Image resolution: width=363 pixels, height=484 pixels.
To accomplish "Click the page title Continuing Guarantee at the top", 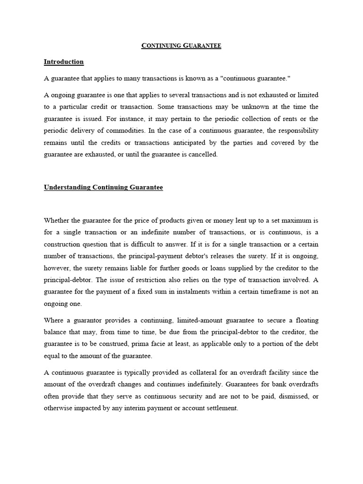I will point(181,46).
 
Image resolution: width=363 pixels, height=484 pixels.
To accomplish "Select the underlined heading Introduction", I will point(64,62).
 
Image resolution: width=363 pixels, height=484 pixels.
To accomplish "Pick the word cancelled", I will point(204,155).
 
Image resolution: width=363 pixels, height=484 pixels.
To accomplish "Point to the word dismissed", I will point(294,396).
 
